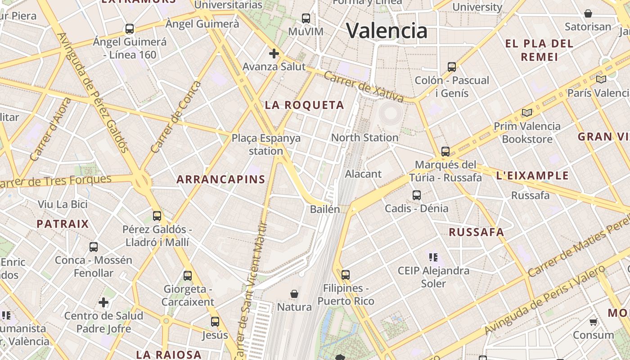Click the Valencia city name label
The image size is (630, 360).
[387, 31]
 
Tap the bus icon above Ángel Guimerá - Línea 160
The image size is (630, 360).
[130, 29]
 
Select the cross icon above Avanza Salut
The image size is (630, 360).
[274, 54]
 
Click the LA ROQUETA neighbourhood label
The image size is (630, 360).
[304, 105]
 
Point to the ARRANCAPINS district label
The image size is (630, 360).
[221, 180]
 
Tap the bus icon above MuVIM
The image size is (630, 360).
[306, 18]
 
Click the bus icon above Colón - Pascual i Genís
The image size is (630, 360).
[452, 67]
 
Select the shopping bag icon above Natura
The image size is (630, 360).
[294, 294]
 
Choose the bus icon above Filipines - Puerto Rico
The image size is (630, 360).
[346, 274]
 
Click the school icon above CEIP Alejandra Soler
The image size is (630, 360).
[433, 257]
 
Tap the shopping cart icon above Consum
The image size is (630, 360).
[594, 322]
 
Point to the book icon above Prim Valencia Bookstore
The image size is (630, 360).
[527, 112]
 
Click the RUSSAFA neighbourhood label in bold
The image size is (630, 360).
[477, 232]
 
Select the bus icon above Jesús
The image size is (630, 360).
[215, 322]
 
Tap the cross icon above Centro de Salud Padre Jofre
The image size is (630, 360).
[103, 302]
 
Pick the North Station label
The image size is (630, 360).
[364, 138]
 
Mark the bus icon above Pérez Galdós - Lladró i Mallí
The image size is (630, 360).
[157, 216]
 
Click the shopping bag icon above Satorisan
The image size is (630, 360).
[588, 13]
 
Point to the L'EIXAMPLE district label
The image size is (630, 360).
[532, 175]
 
